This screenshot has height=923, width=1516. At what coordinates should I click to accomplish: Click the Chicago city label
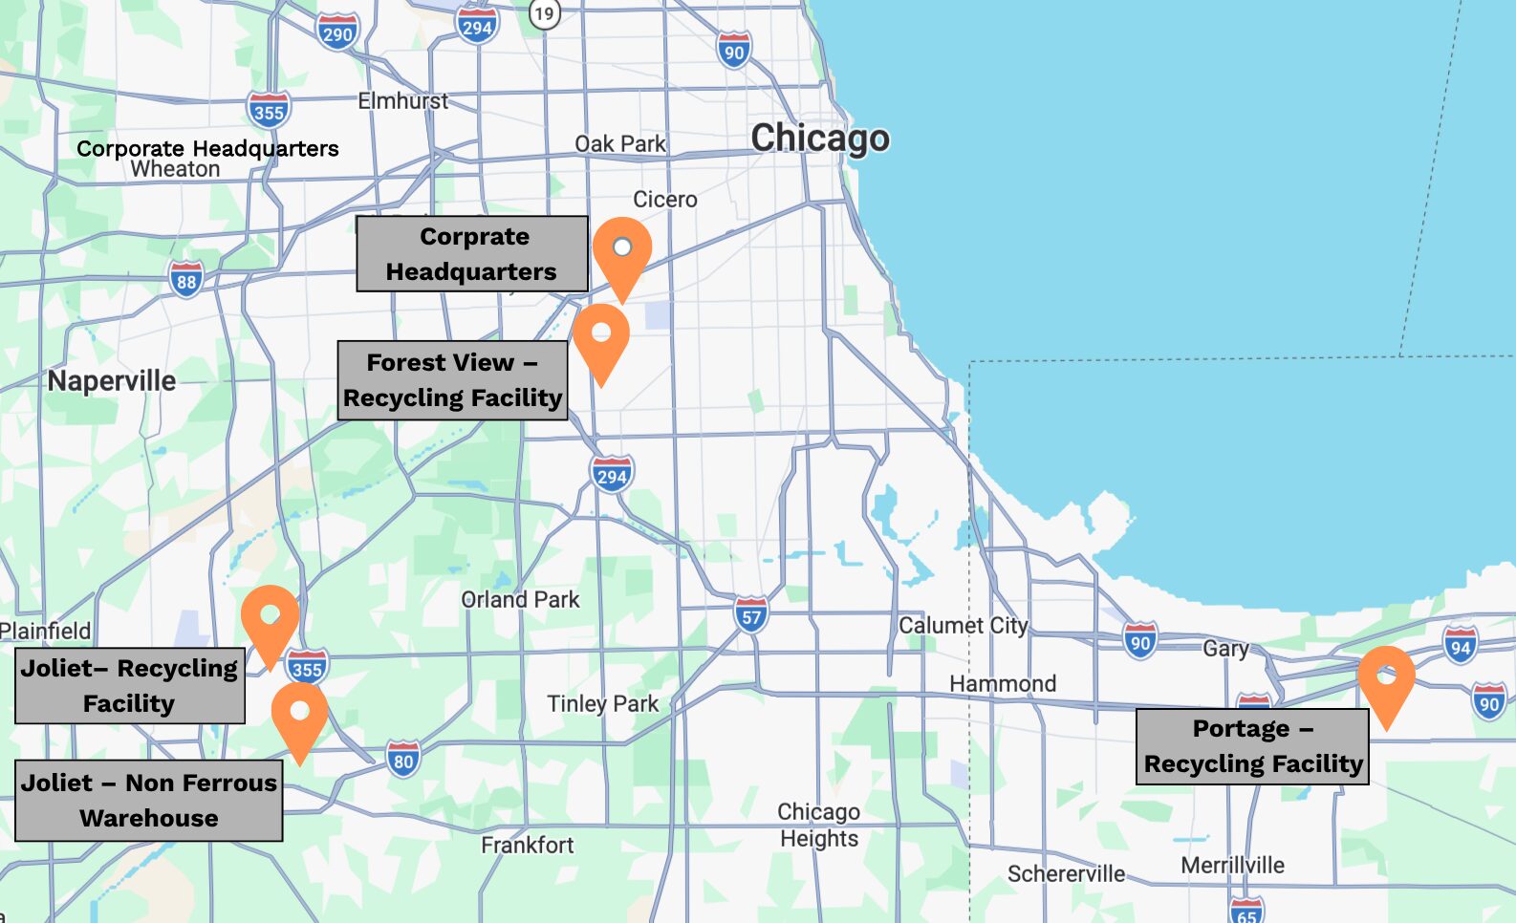click(x=820, y=138)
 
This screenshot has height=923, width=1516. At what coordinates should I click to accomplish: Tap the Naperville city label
click(x=112, y=381)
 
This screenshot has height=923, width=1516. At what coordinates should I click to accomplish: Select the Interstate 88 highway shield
click(x=186, y=280)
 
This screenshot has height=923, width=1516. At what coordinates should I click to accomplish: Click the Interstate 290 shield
click(x=337, y=32)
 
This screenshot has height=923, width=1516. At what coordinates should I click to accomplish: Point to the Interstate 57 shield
click(x=751, y=615)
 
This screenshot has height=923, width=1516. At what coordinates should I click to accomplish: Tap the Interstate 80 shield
click(x=403, y=761)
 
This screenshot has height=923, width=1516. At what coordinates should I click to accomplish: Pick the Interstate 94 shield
click(x=1460, y=646)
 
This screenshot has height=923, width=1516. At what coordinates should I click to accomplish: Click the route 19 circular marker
click(x=544, y=13)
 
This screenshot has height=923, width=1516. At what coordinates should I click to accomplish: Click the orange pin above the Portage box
click(x=1386, y=684)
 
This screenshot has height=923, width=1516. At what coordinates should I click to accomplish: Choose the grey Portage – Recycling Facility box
click(x=1252, y=746)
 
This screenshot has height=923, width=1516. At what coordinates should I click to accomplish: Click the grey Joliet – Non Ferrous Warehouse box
click(x=149, y=801)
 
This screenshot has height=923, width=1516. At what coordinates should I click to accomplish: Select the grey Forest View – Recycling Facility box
click(x=453, y=380)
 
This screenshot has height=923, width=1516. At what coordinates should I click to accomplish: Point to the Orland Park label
click(x=520, y=599)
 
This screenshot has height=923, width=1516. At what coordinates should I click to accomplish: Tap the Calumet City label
click(x=963, y=625)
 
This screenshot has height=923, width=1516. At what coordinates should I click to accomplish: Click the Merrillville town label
click(x=1232, y=865)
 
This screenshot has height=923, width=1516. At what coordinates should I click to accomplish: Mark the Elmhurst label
click(x=402, y=100)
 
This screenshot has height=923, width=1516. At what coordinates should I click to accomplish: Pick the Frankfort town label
click(x=527, y=845)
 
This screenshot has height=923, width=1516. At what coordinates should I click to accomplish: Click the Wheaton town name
click(x=175, y=169)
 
